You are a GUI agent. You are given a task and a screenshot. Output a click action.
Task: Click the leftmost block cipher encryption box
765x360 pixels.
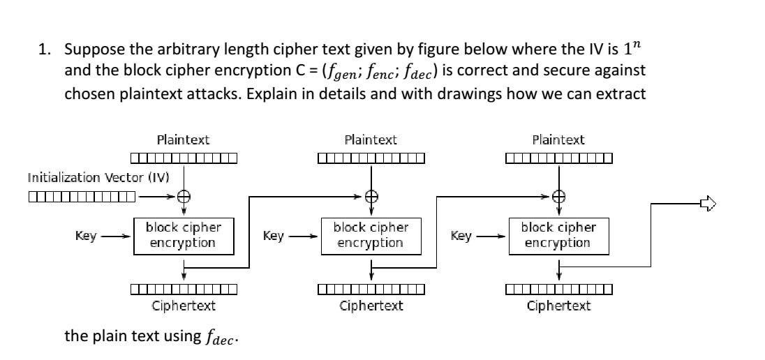tap(183, 236)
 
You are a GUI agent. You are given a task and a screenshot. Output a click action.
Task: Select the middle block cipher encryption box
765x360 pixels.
tap(371, 236)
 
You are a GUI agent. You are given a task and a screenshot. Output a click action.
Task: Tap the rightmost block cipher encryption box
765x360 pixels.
tap(558, 236)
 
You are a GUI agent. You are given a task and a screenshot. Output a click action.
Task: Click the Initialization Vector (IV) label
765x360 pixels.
tap(98, 177)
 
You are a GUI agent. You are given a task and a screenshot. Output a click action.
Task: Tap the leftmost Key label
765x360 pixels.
tap(86, 236)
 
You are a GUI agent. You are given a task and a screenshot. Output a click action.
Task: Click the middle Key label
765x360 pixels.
tap(274, 236)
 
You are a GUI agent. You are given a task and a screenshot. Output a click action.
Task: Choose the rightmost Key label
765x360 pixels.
tap(461, 236)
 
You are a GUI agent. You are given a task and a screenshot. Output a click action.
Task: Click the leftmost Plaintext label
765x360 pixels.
tap(183, 140)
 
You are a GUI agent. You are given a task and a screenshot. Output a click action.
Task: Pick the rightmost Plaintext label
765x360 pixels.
tap(558, 140)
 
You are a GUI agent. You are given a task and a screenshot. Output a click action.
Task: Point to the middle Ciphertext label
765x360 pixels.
tap(371, 306)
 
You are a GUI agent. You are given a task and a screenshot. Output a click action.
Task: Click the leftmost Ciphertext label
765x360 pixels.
tap(183, 306)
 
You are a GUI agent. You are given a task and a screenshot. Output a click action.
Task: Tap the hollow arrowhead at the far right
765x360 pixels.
tap(708, 204)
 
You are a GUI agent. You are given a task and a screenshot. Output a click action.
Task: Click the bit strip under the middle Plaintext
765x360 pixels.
tap(371, 158)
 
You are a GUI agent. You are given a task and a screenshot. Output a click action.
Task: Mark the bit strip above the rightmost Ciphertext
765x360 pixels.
tap(558, 289)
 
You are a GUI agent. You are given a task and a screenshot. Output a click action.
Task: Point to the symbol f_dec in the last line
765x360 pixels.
tap(219, 338)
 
